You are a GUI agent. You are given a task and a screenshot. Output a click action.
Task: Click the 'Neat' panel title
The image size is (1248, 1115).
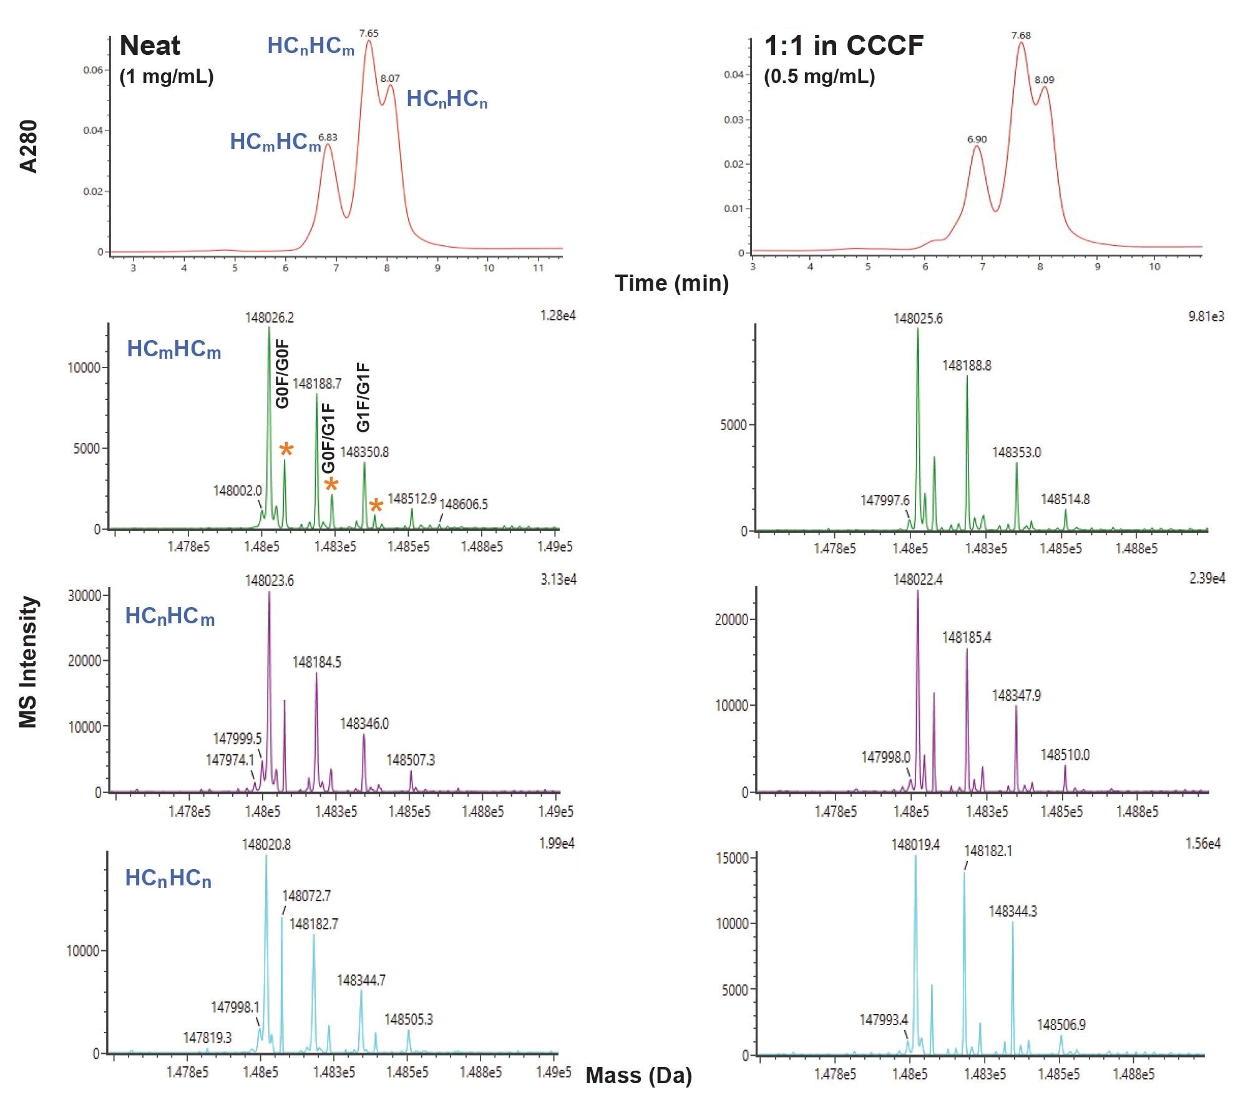(150, 46)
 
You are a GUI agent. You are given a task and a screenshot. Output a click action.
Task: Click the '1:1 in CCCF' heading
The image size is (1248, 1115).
(844, 46)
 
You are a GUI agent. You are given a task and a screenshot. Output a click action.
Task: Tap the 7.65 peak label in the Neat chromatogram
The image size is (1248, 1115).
(369, 34)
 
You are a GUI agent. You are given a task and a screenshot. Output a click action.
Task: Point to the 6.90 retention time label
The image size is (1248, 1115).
(977, 139)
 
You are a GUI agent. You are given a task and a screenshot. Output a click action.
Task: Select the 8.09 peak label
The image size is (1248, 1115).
(1044, 80)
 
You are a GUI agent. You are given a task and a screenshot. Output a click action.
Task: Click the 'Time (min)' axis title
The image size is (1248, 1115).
(671, 283)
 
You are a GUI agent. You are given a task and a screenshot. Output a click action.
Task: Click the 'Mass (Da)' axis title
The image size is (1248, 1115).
(638, 1075)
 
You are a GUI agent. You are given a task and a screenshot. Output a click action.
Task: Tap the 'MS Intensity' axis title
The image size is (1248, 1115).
(29, 661)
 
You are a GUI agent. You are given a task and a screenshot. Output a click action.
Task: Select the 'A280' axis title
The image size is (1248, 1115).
(29, 146)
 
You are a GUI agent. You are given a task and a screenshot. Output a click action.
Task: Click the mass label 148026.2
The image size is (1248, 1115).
(269, 318)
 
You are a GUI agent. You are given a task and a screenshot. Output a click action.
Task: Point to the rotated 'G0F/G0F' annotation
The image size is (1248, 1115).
(283, 374)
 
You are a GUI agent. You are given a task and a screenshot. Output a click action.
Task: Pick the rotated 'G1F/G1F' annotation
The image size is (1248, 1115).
(363, 397)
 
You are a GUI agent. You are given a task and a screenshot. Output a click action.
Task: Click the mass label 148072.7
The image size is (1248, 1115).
(306, 896)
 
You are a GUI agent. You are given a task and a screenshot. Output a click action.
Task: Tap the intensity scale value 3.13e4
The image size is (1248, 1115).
(558, 580)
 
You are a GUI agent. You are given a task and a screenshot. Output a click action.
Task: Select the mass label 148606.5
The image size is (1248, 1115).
(464, 504)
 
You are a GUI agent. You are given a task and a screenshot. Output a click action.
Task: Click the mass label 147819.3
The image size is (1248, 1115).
(207, 1038)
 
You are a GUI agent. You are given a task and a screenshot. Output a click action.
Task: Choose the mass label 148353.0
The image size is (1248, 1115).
(1016, 452)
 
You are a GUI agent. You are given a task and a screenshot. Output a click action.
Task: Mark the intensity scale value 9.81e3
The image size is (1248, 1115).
(1206, 316)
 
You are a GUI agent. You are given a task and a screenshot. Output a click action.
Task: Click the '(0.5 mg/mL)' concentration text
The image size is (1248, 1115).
(819, 77)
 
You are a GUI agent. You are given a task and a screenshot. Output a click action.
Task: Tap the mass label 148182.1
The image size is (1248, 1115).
(988, 851)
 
